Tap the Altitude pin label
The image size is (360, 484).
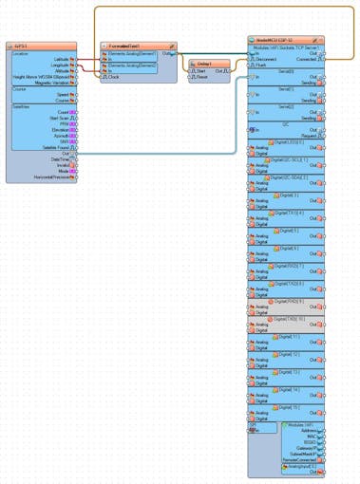(x=61, y=70)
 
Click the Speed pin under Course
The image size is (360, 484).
(x=63, y=95)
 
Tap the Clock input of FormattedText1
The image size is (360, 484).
(x=113, y=75)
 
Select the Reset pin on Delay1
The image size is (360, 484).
(x=201, y=76)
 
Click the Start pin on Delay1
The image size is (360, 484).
(x=200, y=70)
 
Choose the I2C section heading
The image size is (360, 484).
(x=286, y=121)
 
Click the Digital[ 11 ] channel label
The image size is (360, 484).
(x=289, y=336)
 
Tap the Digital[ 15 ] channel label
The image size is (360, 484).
(x=289, y=407)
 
